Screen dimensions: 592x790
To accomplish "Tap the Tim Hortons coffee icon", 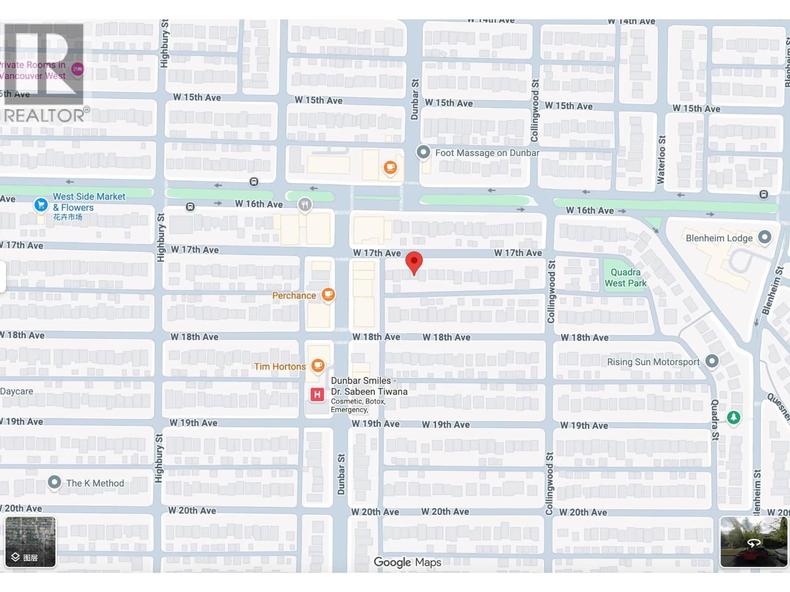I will [317, 366].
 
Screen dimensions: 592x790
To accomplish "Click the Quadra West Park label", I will [625, 278].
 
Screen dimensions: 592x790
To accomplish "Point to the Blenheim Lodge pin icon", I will [764, 237].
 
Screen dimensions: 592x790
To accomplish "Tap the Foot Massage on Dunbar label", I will [487, 153].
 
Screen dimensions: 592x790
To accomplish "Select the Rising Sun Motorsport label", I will [653, 362].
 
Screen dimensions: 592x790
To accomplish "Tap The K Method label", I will [95, 483].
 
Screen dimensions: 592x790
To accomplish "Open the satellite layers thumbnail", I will [30, 542].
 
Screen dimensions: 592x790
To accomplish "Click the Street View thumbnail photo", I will [754, 542].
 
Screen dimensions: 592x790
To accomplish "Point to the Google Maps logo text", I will [407, 562].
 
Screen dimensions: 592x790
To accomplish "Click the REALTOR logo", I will [45, 73].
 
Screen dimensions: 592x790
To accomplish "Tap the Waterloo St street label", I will [661, 160].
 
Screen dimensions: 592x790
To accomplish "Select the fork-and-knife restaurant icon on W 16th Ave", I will [305, 205].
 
